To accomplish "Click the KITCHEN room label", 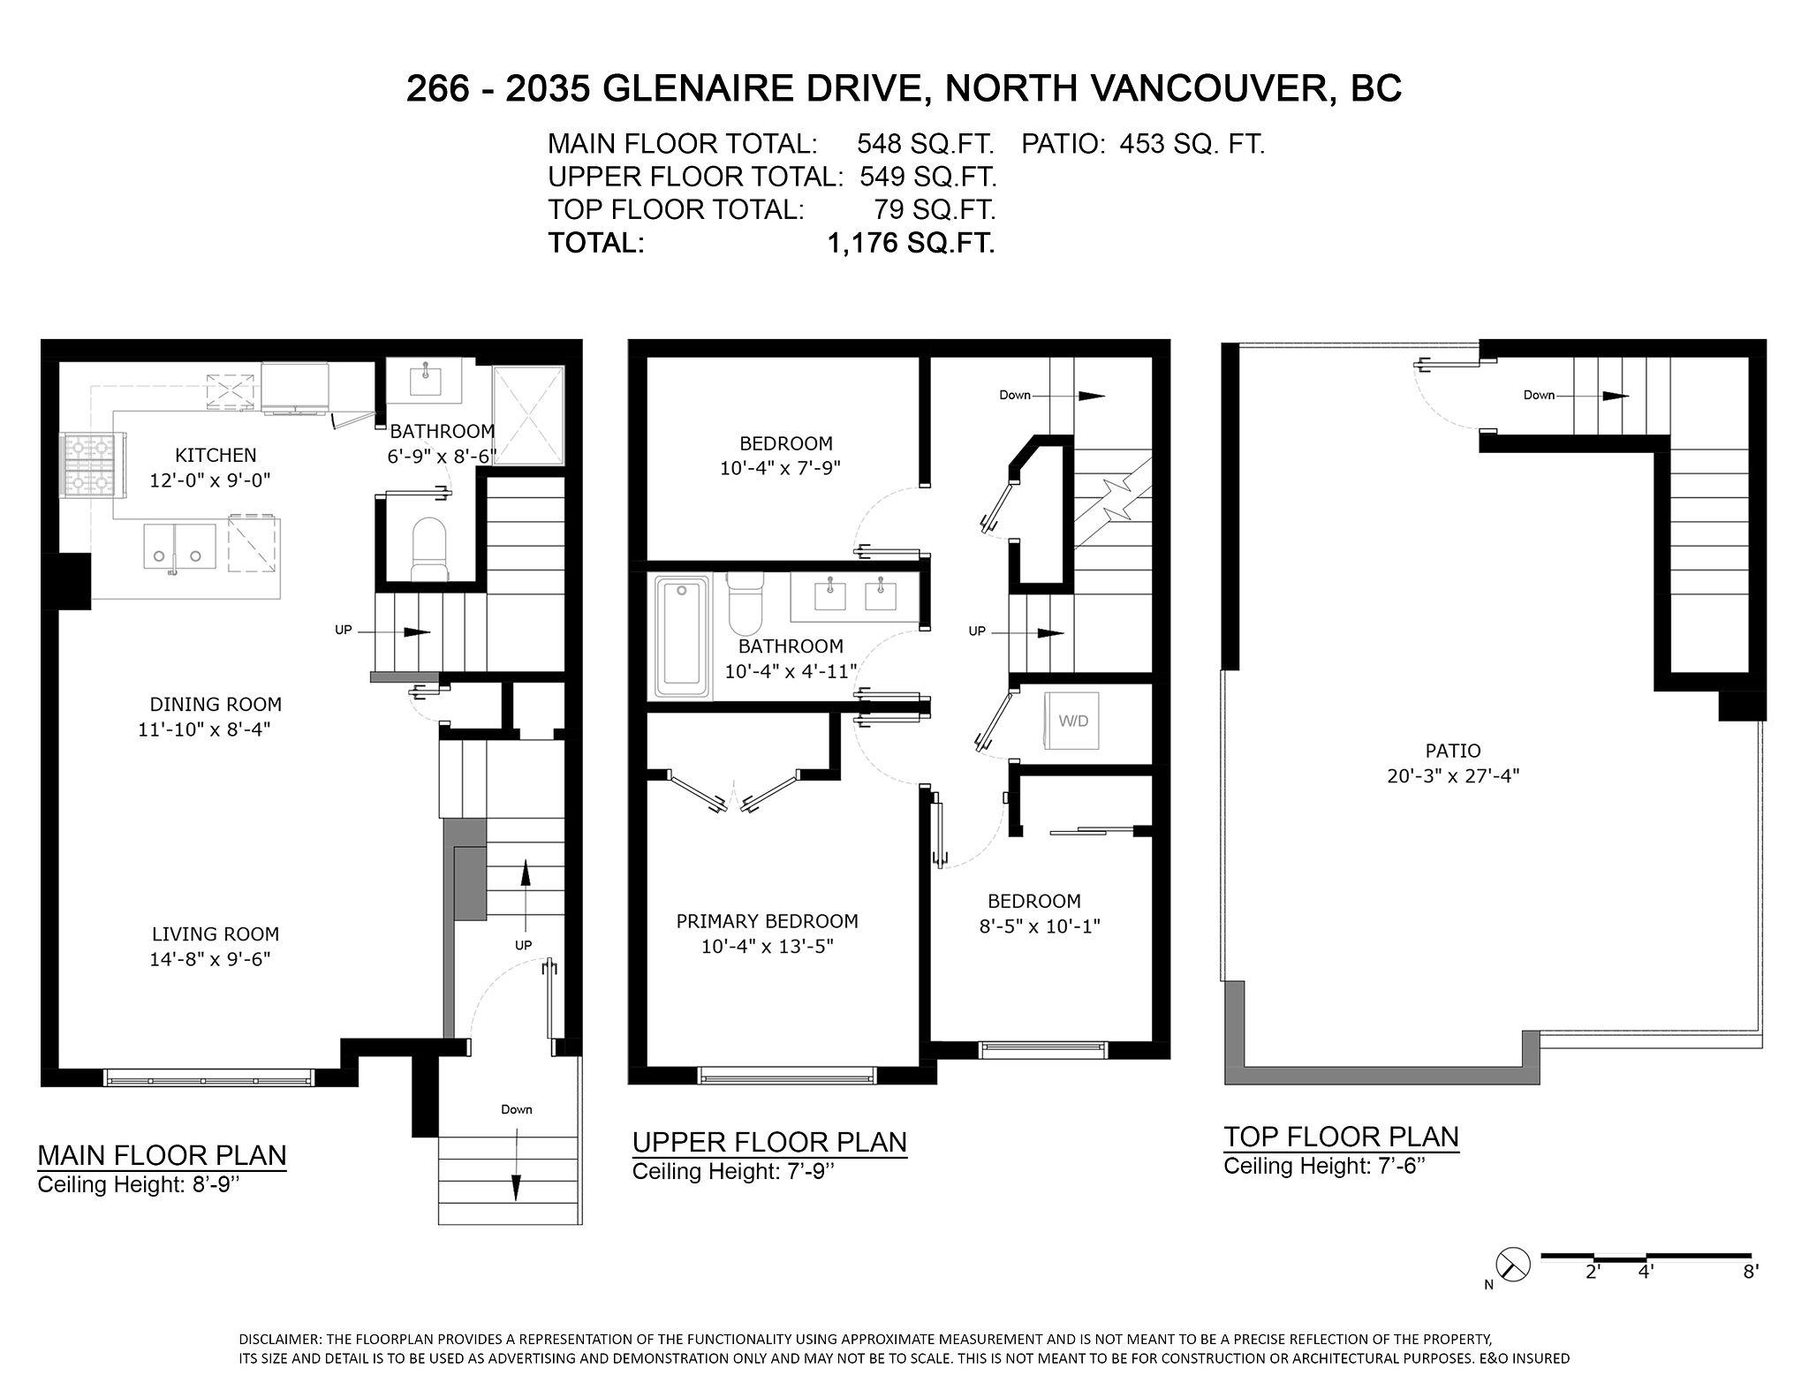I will tap(216, 455).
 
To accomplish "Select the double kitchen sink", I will tap(180, 547).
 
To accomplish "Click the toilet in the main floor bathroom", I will tap(431, 548).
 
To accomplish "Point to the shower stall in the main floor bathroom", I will tap(527, 413).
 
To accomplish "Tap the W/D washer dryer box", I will tap(1072, 721).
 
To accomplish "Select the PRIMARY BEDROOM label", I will tap(767, 921).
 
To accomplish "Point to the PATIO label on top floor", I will tap(1452, 751).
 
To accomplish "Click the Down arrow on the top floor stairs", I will tap(1615, 396).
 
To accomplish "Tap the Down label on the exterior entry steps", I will tap(516, 1109).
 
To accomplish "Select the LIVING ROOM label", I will tap(215, 933).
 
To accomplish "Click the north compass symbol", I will tap(1511, 1264).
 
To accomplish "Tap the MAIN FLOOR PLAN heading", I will tap(162, 1155).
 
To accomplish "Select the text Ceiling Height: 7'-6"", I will tap(1324, 1166).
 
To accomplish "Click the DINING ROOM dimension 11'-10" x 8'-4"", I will tap(203, 729).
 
